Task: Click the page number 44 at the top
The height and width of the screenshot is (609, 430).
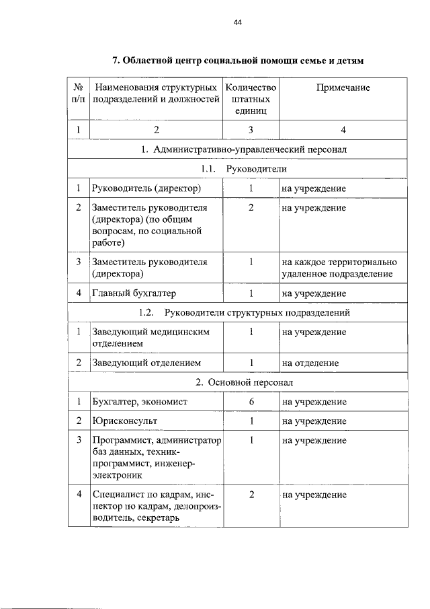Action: [236, 23]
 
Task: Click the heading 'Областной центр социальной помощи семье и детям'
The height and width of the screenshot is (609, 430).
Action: [237, 61]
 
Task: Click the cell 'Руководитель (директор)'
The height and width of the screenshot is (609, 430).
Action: [146, 188]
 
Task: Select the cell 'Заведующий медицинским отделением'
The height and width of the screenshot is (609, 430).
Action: [152, 338]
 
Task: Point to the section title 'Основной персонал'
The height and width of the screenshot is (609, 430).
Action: [244, 382]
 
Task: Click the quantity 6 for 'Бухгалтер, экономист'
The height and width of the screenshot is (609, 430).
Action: [251, 402]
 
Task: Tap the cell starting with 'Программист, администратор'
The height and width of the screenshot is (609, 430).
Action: [156, 458]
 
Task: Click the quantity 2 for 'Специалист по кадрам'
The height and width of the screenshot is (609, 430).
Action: [251, 495]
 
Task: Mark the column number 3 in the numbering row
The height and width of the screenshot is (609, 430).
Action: [251, 130]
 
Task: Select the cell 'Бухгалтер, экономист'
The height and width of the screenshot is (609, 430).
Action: [140, 402]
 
